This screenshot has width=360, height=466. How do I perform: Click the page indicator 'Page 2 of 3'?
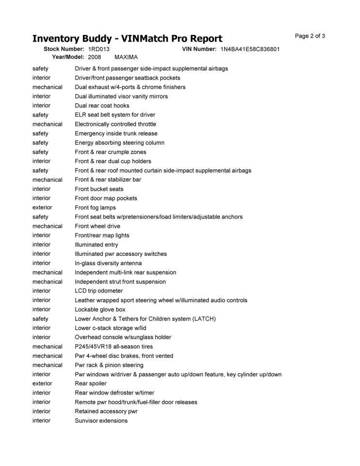pyautogui.click(x=310, y=36)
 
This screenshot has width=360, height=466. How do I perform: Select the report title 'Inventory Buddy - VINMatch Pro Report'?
pyautogui.click(x=127, y=39)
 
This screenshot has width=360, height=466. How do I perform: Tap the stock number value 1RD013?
pyautogui.click(x=98, y=50)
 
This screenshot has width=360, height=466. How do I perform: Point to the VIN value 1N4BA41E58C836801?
pyautogui.click(x=250, y=50)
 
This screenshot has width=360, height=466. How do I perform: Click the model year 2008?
pyautogui.click(x=94, y=57)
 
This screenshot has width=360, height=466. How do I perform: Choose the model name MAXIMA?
pyautogui.click(x=126, y=57)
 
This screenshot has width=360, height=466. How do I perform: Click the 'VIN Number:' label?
pyautogui.click(x=199, y=50)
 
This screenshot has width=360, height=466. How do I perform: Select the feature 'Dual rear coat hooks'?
pyautogui.click(x=102, y=106)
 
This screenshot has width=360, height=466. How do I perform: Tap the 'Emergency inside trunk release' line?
pyautogui.click(x=116, y=133)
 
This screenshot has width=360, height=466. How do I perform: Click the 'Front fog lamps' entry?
pyautogui.click(x=95, y=208)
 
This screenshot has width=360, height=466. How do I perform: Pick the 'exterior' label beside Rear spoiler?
pyautogui.click(x=42, y=383)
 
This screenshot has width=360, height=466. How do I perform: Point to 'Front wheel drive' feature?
pyautogui.click(x=98, y=226)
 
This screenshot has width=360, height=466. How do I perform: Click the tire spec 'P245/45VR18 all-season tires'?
pyautogui.click(x=114, y=347)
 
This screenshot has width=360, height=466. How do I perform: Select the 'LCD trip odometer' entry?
pyautogui.click(x=98, y=291)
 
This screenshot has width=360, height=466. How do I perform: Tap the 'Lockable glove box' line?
pyautogui.click(x=100, y=309)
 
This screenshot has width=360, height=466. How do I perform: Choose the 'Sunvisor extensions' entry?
pyautogui.click(x=101, y=421)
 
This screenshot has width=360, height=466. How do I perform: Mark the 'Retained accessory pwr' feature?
pyautogui.click(x=106, y=411)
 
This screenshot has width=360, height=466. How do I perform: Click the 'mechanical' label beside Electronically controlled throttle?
pyautogui.click(x=47, y=124)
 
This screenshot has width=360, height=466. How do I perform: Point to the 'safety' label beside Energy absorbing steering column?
pyautogui.click(x=40, y=143)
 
